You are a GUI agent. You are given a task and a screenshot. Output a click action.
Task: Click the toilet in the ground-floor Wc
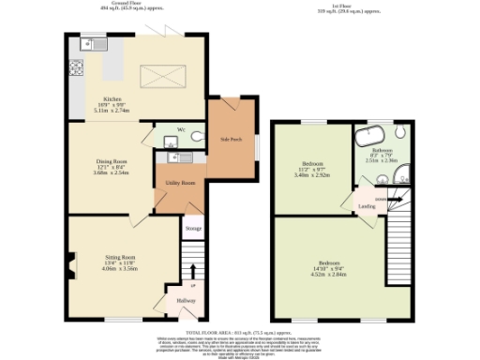pyautogui.click(x=195, y=137)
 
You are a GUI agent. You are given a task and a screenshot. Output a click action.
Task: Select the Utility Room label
pyautogui.click(x=181, y=184)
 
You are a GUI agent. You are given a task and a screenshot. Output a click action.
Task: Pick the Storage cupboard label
pyautogui.click(x=192, y=228)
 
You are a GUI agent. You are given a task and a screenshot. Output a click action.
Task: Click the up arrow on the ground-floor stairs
pyautogui.click(x=193, y=284)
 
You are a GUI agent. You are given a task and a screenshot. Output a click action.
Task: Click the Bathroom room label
pyautogui.click(x=381, y=151)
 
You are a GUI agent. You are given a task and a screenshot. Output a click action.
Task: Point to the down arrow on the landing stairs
pyautogui.click(x=379, y=199)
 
